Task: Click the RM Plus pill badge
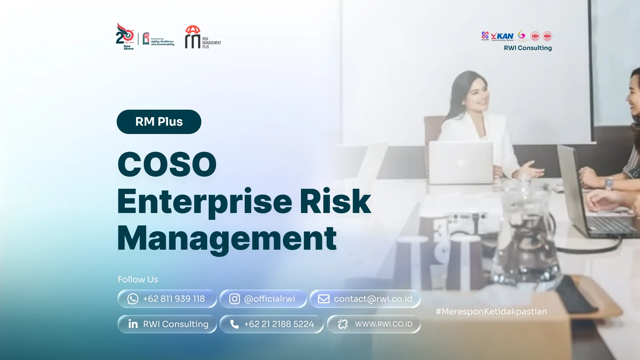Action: pyautogui.click(x=159, y=122)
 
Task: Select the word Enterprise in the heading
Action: pyautogui.click(x=205, y=202)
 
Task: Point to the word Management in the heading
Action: pyautogui.click(x=227, y=238)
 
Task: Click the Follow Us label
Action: pyautogui.click(x=138, y=279)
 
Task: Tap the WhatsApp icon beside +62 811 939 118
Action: pyautogui.click(x=133, y=299)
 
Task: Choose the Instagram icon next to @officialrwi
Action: pyautogui.click(x=234, y=299)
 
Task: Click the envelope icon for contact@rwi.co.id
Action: pyautogui.click(x=323, y=299)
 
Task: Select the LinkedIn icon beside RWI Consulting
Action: pyautogui.click(x=133, y=324)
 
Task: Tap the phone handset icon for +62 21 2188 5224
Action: pyautogui.click(x=234, y=324)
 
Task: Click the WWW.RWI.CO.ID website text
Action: pyautogui.click(x=383, y=324)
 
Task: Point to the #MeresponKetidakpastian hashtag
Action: pyautogui.click(x=491, y=311)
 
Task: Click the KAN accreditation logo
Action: pyautogui.click(x=502, y=36)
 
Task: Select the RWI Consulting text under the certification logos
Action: pyautogui.click(x=528, y=48)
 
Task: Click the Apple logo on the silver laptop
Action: pyautogui.click(x=460, y=163)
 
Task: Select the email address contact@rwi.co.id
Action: pyautogui.click(x=373, y=299)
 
